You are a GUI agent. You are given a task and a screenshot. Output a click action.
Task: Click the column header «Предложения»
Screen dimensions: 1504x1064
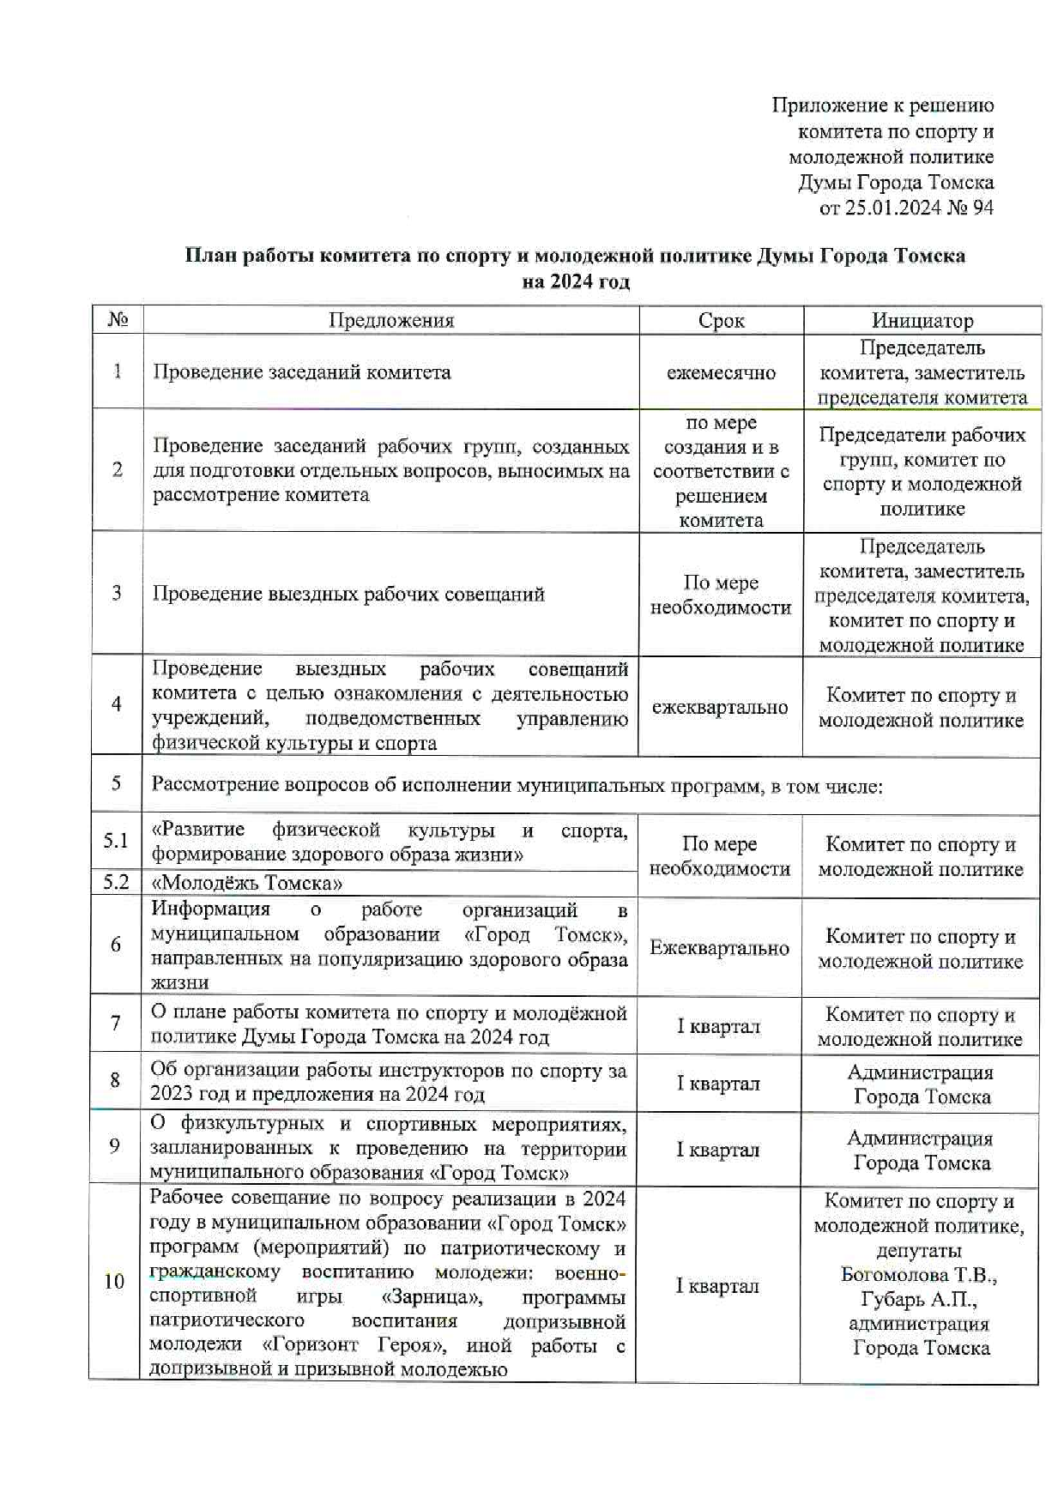click(x=391, y=321)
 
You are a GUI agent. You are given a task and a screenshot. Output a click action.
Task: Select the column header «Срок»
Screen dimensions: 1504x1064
click(x=721, y=321)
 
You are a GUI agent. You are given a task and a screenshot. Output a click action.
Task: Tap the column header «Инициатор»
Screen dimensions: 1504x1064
click(x=922, y=321)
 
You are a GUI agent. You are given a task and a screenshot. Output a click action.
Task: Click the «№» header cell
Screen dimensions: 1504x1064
click(x=118, y=320)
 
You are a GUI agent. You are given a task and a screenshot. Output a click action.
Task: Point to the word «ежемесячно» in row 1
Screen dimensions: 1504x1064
click(x=721, y=373)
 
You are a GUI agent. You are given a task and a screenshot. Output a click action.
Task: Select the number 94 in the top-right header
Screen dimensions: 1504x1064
click(x=982, y=208)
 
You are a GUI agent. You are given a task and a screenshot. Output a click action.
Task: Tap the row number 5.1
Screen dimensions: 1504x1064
click(x=116, y=841)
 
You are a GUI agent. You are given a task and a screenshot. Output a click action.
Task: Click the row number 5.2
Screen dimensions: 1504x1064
click(x=116, y=882)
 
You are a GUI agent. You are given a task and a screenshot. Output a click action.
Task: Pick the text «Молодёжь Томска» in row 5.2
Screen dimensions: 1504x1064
click(x=247, y=883)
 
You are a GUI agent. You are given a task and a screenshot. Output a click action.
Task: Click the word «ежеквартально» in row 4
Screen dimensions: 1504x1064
click(x=719, y=708)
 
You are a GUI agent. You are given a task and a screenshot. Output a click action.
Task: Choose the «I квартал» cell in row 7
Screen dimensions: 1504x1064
click(x=718, y=1026)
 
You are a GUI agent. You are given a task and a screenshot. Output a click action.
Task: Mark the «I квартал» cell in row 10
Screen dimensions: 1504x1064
click(x=717, y=1286)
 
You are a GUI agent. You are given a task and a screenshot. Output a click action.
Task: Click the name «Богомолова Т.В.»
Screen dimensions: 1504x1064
click(x=919, y=1275)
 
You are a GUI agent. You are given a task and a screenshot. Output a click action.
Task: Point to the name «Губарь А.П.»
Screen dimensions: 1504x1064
click(x=919, y=1300)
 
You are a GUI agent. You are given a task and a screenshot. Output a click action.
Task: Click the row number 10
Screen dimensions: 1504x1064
click(x=114, y=1282)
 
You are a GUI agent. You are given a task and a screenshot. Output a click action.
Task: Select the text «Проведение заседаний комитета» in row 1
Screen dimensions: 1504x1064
click(x=301, y=373)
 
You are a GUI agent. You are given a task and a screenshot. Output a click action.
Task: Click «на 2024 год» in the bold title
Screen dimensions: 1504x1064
click(x=575, y=281)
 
